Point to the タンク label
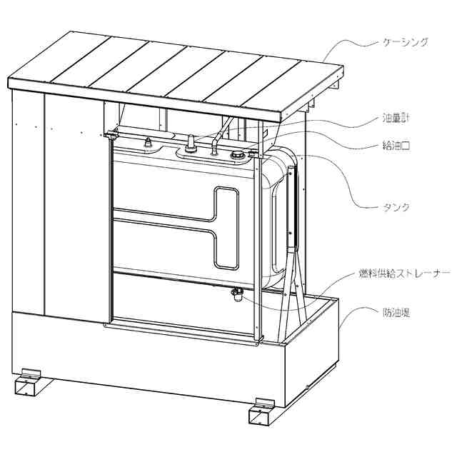click(395, 207)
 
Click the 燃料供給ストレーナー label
click(403, 273)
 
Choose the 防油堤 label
click(394, 311)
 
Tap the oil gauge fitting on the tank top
click(191, 146)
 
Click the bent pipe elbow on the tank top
click(214, 147)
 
